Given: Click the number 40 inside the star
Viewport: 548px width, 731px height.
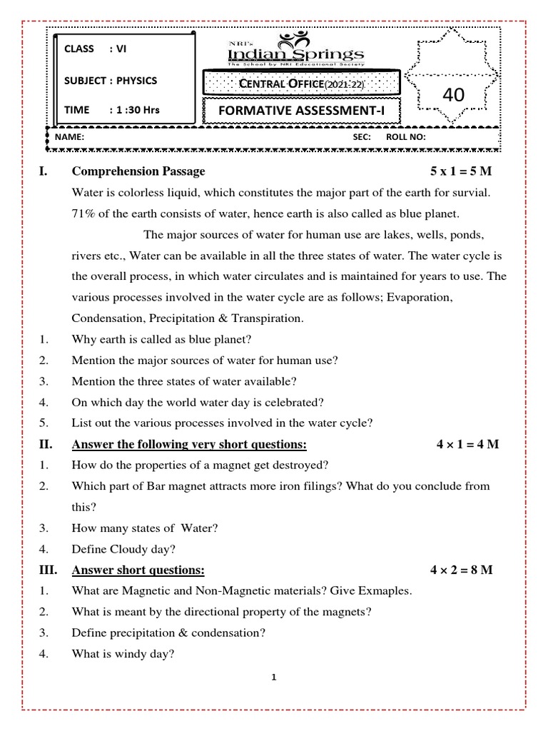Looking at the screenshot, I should pos(454,94).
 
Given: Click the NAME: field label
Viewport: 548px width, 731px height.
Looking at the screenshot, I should pos(69,136).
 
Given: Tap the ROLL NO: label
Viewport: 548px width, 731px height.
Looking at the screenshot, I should pos(405,136).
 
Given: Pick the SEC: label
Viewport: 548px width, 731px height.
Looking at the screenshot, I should pos(362,136).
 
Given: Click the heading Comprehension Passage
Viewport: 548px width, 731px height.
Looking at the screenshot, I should pos(138,171).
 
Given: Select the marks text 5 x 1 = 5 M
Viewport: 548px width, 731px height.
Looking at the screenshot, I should pos(462,171).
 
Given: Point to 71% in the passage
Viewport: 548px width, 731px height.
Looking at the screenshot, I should pos(85,214).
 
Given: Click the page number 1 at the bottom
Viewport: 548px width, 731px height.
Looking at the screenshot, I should pos(274,677).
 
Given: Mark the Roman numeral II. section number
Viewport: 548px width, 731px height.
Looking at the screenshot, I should pos(46,445).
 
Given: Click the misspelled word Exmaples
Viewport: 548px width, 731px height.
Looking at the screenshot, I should pos(383,591).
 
